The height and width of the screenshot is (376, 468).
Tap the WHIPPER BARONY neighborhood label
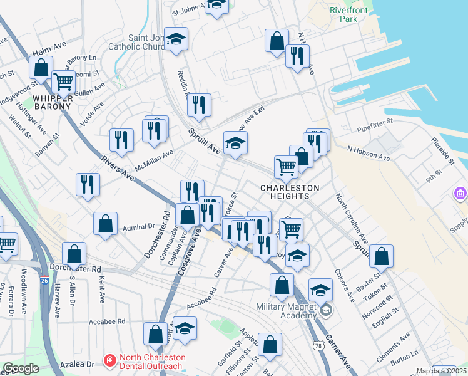pyautogui.click(x=52, y=102)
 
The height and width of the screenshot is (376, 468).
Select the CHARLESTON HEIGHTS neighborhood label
pyautogui.click(x=290, y=192)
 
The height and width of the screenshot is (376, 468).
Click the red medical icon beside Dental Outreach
pyautogui.click(x=109, y=360)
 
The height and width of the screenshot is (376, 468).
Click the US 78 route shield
pyautogui.click(x=318, y=345)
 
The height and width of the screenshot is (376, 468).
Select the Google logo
pyautogui.click(x=21, y=369)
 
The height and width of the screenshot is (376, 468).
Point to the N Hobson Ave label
pyautogui.click(x=369, y=154)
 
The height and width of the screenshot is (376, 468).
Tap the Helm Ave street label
pyautogui.click(x=49, y=48)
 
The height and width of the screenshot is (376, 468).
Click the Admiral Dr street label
pyautogui.click(x=138, y=227)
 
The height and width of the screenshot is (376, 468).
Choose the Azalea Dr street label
pyautogui.click(x=81, y=363)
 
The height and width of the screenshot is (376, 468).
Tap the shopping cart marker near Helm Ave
pyautogui.click(x=63, y=81)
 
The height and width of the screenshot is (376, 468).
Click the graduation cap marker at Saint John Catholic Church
pyautogui.click(x=176, y=39)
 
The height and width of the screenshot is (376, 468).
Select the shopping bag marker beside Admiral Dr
pyautogui.click(x=106, y=223)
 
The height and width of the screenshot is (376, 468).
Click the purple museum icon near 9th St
pyautogui.click(x=461, y=194)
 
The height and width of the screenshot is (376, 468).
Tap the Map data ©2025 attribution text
pyautogui.click(x=437, y=371)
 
